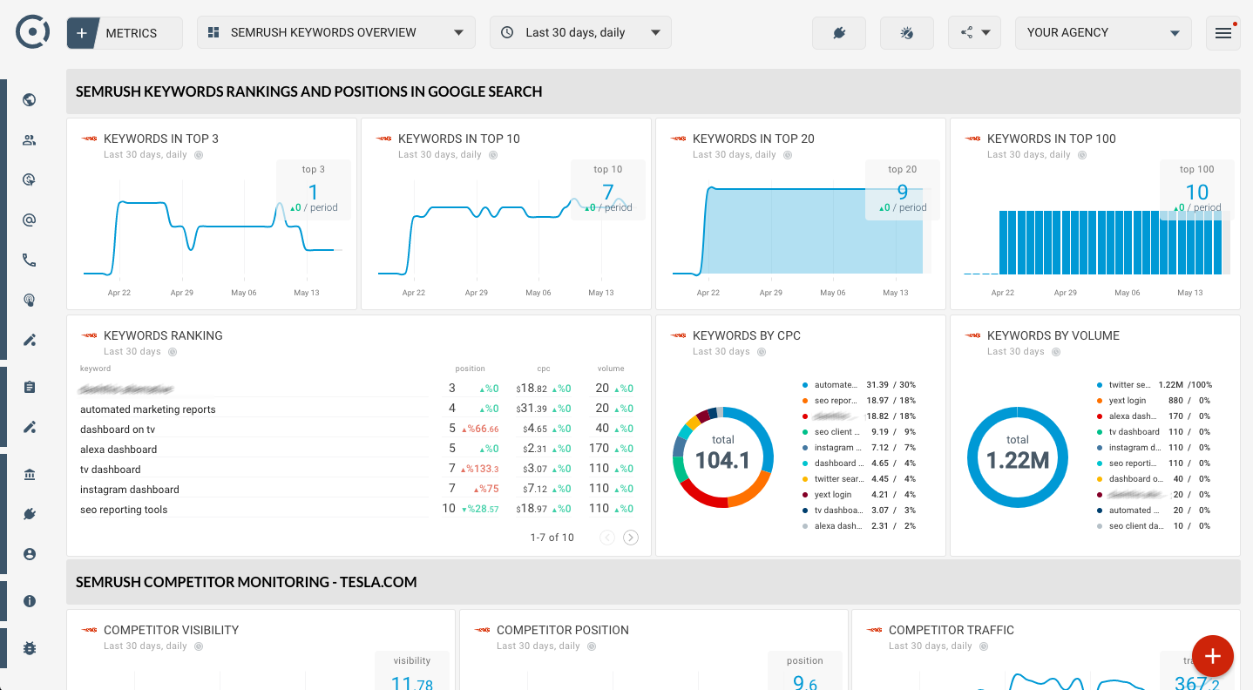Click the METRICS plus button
coord(82,33)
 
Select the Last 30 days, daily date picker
coord(580,33)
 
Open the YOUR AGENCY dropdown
coord(1102,33)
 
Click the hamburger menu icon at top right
coord(1223,33)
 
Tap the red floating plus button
coord(1212,656)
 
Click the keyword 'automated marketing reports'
coord(148,409)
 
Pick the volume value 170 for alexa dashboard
coord(599,449)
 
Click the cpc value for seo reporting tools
coord(531,509)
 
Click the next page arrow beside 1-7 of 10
coord(631,538)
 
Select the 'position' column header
coord(470,369)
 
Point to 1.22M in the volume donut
coord(1017,460)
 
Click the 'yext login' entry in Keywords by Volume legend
coord(1128,401)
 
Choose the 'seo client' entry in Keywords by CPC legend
coord(833,432)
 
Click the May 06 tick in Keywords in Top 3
coord(244,293)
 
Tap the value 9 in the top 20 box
coord(902,192)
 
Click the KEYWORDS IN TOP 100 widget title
coord(1051,139)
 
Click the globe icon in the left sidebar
coord(30,99)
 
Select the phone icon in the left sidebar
coord(30,260)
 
